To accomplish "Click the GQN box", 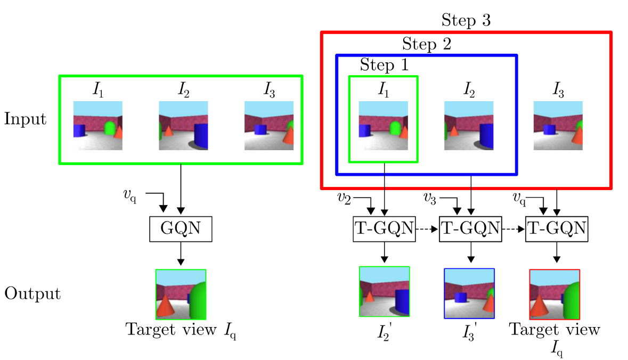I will (181, 230).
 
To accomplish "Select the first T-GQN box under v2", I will (384, 229).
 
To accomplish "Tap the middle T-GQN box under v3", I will (470, 229).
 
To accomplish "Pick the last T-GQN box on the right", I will (557, 229).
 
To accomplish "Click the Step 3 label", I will (466, 21).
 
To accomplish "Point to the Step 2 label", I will (427, 44).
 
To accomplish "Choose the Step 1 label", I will (384, 65).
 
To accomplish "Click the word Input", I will (26, 119).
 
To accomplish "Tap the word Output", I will (32, 293).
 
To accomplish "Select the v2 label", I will (344, 198).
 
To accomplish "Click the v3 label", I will (430, 198).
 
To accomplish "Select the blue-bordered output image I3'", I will (469, 293).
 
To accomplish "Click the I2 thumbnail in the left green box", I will (183, 126).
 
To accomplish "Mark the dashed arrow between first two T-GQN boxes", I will (427, 230).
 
